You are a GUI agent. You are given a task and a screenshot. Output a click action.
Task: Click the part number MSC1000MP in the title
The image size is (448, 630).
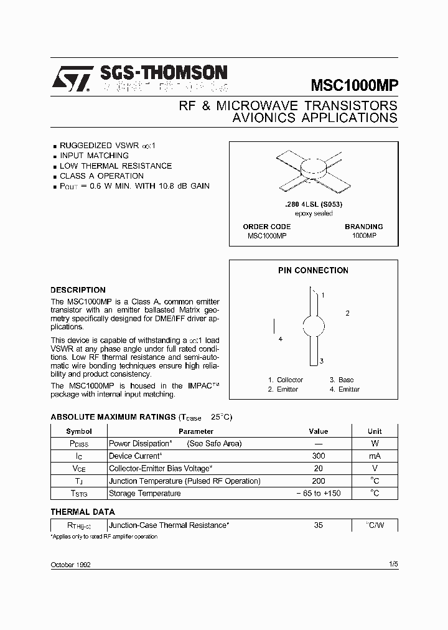pyautogui.click(x=354, y=85)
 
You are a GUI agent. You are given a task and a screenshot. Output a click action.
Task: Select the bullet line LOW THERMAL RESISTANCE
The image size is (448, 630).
pyautogui.click(x=115, y=166)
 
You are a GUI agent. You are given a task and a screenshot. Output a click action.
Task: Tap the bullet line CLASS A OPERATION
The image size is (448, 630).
pyautogui.click(x=101, y=176)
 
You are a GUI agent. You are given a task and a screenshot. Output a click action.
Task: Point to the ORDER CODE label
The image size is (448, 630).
pyautogui.click(x=266, y=227)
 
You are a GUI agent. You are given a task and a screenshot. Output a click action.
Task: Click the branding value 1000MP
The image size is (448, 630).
pyautogui.click(x=363, y=236)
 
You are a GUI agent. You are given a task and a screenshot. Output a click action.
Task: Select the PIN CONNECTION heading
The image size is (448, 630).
pyautogui.click(x=313, y=270)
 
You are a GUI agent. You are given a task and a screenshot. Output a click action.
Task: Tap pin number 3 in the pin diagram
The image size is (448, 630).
pyautogui.click(x=321, y=361)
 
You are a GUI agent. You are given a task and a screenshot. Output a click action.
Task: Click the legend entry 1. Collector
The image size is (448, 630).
pyautogui.click(x=286, y=380)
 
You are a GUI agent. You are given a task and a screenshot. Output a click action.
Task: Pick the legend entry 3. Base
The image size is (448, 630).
pyautogui.click(x=342, y=380)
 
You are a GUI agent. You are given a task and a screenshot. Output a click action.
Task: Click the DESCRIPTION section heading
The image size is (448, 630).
pyautogui.click(x=78, y=289)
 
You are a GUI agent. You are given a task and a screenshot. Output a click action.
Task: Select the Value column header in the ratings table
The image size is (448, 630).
pyautogui.click(x=318, y=431)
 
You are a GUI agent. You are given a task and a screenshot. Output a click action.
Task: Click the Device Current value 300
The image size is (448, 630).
pyautogui.click(x=318, y=456)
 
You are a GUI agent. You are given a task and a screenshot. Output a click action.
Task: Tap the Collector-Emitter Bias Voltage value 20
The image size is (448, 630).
pyautogui.click(x=318, y=468)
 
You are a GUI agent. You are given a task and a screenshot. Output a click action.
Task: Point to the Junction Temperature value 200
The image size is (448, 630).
pyautogui.click(x=318, y=481)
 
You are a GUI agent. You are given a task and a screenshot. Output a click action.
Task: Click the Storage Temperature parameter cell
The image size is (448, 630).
pyautogui.click(x=145, y=493)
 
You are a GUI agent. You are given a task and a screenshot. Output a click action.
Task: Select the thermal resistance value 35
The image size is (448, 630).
pyautogui.click(x=318, y=525)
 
